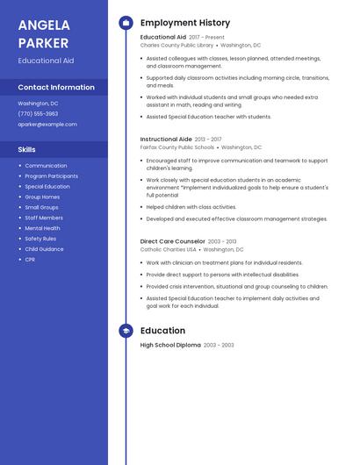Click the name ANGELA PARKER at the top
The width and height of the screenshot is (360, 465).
pyautogui.click(x=44, y=33)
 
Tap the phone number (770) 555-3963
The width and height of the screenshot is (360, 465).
pyautogui.click(x=38, y=113)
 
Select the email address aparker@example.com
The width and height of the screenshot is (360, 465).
pyautogui.click(x=47, y=125)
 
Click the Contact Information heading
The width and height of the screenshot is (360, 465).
pyautogui.click(x=56, y=87)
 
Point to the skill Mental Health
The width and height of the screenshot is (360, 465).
pyautogui.click(x=42, y=228)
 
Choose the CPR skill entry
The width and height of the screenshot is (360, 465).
pyautogui.click(x=30, y=260)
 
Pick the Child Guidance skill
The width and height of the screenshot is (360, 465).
pyautogui.click(x=44, y=249)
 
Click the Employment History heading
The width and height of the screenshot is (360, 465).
pyautogui.click(x=184, y=23)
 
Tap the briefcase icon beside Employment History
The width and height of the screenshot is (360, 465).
pyautogui.click(x=126, y=23)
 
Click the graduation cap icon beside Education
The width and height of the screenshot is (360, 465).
pyautogui.click(x=126, y=331)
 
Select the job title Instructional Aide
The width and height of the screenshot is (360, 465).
pyautogui.click(x=166, y=139)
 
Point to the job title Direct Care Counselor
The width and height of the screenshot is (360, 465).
pyautogui.click(x=173, y=241)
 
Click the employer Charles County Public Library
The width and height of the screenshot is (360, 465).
pyautogui.click(x=176, y=45)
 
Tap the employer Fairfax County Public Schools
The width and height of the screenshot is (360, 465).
pyautogui.click(x=176, y=147)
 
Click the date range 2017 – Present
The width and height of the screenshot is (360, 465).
pyautogui.click(x=206, y=37)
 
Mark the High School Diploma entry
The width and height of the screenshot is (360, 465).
pyautogui.click(x=170, y=346)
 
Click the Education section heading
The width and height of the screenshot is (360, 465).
pyautogui.click(x=162, y=331)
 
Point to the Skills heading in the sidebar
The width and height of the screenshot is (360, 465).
pyautogui.click(x=26, y=149)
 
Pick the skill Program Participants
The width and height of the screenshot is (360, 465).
pyautogui.click(x=51, y=176)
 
